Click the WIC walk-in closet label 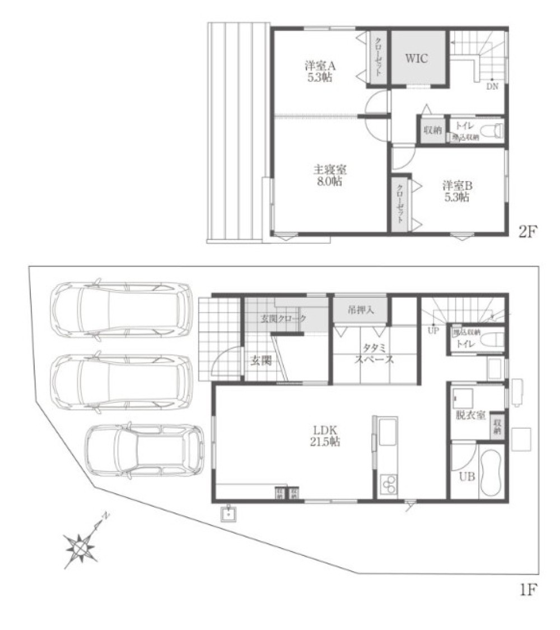pyautogui.click(x=417, y=58)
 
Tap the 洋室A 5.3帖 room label pyautogui.click(x=320, y=71)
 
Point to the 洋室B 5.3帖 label pyautogui.click(x=457, y=191)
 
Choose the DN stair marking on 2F pyautogui.click(x=492, y=86)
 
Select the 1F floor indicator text pyautogui.click(x=528, y=590)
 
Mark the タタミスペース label pyautogui.click(x=374, y=354)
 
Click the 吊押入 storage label pyautogui.click(x=360, y=310)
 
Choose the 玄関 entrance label pyautogui.click(x=260, y=361)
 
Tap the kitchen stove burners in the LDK pyautogui.click(x=388, y=483)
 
